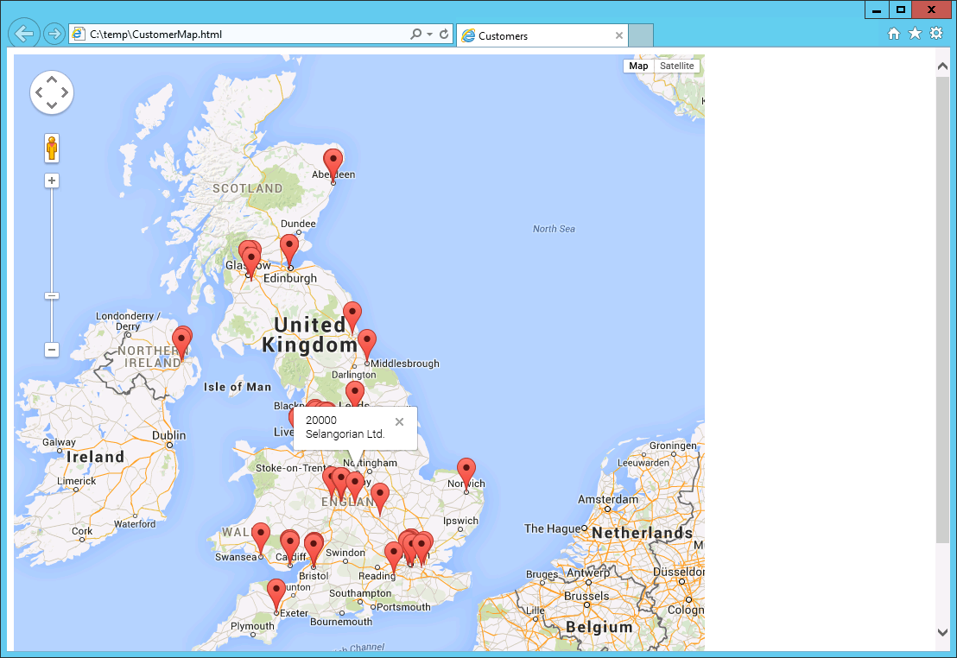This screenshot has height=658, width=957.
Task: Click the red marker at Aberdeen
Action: (333, 161)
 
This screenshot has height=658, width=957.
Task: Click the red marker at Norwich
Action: (466, 471)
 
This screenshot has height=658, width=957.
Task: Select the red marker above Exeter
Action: (276, 592)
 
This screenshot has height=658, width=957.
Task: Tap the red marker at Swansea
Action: (260, 535)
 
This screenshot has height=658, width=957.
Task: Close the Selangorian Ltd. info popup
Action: (399, 422)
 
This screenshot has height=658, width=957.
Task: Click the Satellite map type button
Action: (676, 66)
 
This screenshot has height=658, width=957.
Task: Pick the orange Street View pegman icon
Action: (52, 149)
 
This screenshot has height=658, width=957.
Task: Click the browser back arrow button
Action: (23, 34)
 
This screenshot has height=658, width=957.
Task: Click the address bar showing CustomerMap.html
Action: (242, 35)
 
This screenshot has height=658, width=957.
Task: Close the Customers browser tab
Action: (618, 35)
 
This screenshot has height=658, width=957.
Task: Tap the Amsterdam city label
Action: (607, 500)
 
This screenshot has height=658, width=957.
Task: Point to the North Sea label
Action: (554, 229)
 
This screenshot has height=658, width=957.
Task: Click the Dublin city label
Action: (168, 436)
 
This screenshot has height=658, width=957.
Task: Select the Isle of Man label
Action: (238, 387)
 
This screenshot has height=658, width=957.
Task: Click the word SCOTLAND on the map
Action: (248, 188)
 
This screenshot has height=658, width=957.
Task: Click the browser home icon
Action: (894, 34)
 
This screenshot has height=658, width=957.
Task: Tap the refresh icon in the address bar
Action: (444, 35)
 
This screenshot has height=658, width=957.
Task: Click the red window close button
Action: (931, 9)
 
